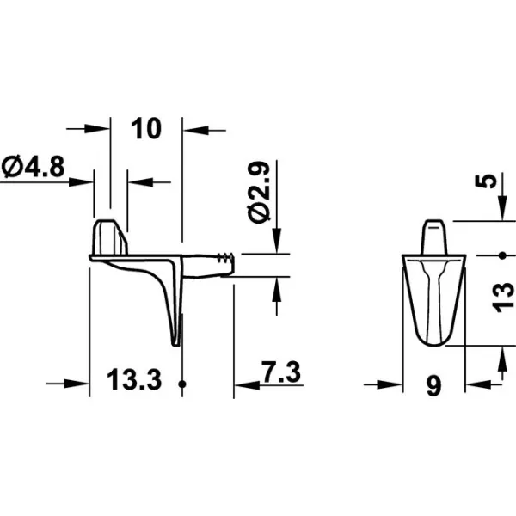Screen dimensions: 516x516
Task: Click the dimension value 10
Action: tap(146, 128)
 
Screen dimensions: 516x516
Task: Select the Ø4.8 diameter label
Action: tap(33, 167)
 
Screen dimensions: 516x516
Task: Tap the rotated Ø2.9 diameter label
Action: tap(260, 192)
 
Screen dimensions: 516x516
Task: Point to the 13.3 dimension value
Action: tap(134, 379)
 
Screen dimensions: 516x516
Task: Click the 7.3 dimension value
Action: tap(281, 372)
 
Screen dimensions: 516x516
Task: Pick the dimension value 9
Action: tap(433, 386)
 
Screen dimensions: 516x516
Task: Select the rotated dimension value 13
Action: tap(503, 298)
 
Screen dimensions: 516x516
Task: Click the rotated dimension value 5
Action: tap(486, 181)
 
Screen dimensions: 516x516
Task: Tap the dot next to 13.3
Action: tap(182, 384)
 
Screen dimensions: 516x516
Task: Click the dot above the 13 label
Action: tap(502, 255)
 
